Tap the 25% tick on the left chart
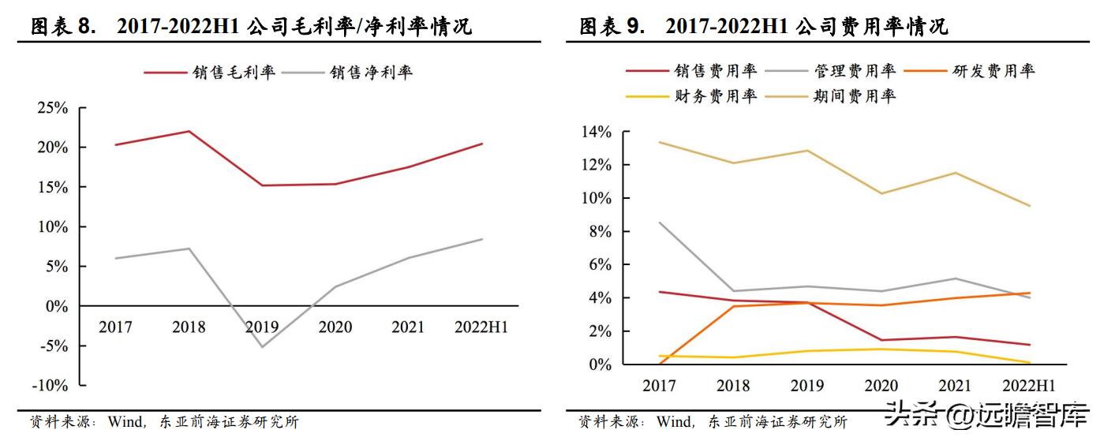coord(52,108)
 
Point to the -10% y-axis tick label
coord(49,386)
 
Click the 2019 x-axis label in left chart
coord(261,327)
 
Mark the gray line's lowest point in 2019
coord(261,347)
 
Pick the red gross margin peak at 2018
coord(189,131)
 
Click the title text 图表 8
coord(62,27)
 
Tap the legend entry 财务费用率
coord(716,96)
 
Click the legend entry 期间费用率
coord(855,96)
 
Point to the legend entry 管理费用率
coord(855,71)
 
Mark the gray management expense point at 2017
coord(660,222)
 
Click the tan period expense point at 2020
coord(881,193)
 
